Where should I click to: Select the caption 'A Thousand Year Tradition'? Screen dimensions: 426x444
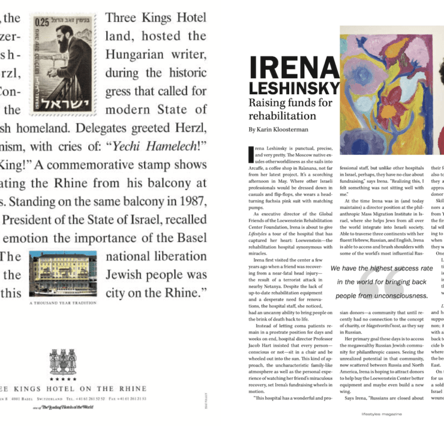[x=62, y=304]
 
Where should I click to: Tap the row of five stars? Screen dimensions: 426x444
[x=62, y=379]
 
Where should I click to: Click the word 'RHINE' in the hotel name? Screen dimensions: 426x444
[x=131, y=389]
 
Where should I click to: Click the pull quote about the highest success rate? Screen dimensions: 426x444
[x=382, y=282]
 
